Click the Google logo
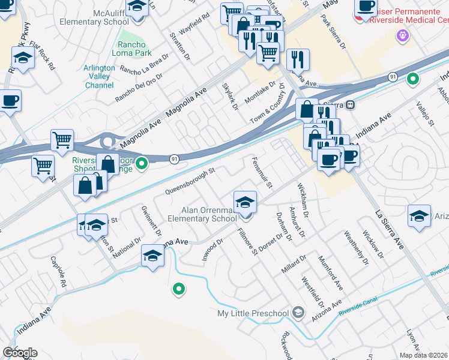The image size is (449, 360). pyautogui.click(x=20, y=353)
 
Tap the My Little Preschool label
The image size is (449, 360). pyautogui.click(x=254, y=313)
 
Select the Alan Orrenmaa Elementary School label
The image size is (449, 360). pyautogui.click(x=209, y=214)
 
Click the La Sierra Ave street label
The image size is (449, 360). pyautogui.click(x=388, y=230)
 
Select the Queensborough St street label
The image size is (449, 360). pyautogui.click(x=190, y=182)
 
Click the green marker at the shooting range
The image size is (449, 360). pyautogui.click(x=142, y=163)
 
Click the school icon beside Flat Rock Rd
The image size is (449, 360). pyautogui.click(x=23, y=58)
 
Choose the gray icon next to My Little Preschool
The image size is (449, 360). pyautogui.click(x=298, y=313)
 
